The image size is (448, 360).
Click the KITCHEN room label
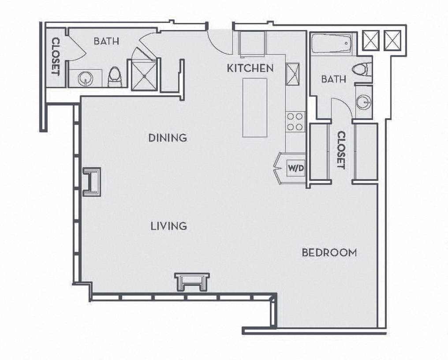[x=250, y=68]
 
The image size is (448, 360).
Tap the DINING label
[x=168, y=138]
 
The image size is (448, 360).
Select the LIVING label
[x=169, y=226]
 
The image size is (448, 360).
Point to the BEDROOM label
[x=329, y=252]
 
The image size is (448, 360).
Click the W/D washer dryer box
[x=296, y=169]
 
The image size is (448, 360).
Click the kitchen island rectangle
[x=255, y=108]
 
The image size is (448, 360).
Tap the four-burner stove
[x=295, y=121]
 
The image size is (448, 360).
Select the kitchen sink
[x=293, y=74]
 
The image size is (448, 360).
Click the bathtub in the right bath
[x=332, y=44]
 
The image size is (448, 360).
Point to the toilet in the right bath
[x=362, y=69]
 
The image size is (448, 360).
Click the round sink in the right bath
[x=364, y=102]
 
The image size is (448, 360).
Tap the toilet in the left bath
[x=115, y=77]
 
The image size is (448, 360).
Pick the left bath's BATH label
[x=106, y=41]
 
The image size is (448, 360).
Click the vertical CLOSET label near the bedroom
[x=341, y=150]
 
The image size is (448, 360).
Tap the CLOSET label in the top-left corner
[x=56, y=56]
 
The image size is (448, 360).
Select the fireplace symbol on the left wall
[x=92, y=182]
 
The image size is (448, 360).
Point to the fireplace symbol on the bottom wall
[x=192, y=281]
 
